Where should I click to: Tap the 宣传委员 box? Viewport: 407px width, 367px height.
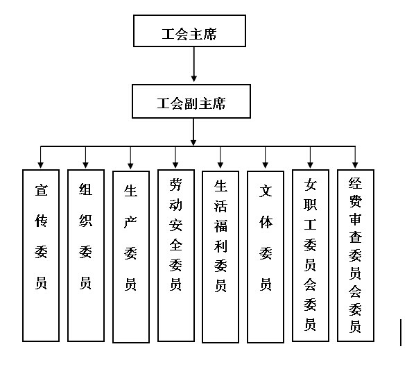(x=42, y=255)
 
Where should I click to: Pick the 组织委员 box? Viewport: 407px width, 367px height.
(x=85, y=255)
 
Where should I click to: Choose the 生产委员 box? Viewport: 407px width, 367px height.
(x=130, y=255)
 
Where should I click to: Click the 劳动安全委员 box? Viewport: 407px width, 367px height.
(x=175, y=255)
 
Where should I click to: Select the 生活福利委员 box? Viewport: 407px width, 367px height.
(x=220, y=255)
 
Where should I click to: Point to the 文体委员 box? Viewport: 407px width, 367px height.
(x=266, y=255)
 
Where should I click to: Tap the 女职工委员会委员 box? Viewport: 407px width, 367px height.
(x=311, y=255)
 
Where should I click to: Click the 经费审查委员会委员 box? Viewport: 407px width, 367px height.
(x=355, y=255)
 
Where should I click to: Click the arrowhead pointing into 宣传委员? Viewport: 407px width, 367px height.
(x=42, y=164)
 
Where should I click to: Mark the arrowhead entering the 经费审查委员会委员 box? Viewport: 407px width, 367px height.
(x=355, y=164)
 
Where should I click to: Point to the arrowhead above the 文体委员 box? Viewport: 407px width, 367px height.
(x=266, y=164)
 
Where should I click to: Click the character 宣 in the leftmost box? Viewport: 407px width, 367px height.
(x=42, y=189)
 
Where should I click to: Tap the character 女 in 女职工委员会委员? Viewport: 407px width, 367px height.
(x=311, y=185)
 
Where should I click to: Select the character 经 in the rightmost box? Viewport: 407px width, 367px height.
(x=355, y=184)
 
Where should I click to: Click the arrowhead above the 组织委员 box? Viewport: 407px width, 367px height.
(x=85, y=164)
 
